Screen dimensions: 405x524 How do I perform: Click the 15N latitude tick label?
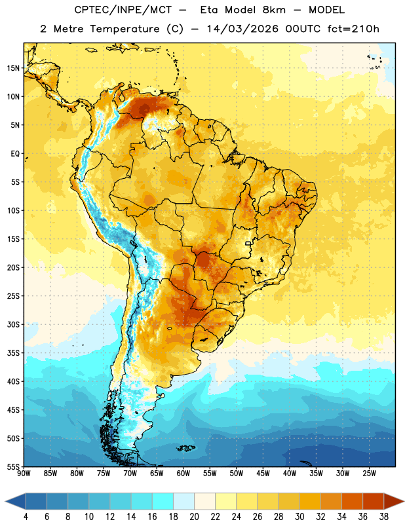13,68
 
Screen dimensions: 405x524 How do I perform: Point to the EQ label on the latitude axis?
15,154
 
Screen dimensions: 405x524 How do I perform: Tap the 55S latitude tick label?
13,466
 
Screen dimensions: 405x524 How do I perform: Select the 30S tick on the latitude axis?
13,324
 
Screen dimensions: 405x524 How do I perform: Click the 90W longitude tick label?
24,474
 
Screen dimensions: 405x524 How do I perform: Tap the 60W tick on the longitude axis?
183,474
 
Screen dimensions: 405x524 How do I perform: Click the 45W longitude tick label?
263,474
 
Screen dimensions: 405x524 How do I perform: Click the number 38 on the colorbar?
383,517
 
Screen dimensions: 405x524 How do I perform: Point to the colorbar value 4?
26,517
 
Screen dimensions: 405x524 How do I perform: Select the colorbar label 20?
194,517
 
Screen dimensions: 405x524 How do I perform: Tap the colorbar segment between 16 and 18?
163,501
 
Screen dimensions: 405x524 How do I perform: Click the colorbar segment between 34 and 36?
352,501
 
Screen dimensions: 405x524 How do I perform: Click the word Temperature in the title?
125,29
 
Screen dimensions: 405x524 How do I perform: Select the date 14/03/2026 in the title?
242,29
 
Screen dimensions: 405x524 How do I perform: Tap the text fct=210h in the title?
353,29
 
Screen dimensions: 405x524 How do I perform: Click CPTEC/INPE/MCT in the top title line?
123,10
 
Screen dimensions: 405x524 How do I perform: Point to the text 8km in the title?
274,10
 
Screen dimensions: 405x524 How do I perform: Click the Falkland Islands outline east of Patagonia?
186,448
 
